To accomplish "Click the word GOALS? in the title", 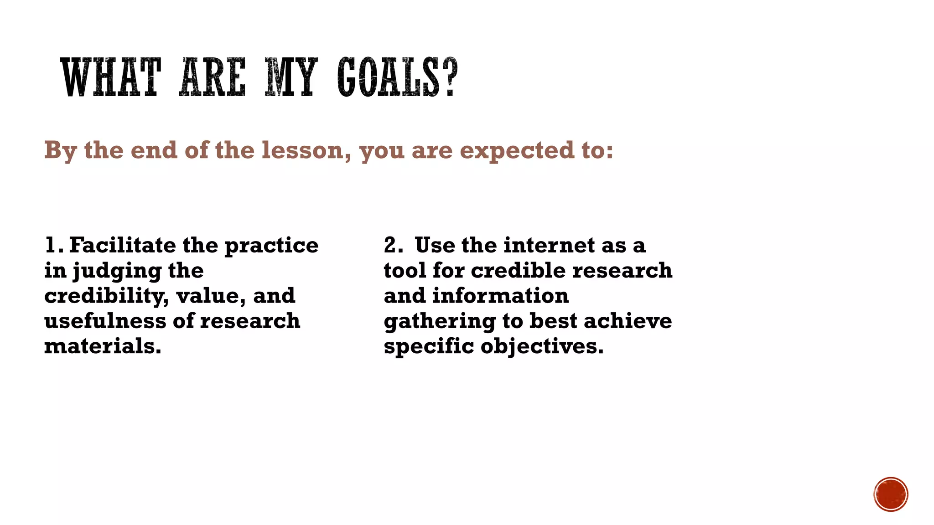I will click(397, 77).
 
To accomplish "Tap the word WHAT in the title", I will click(111, 77).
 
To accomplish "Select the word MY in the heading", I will click(291, 77).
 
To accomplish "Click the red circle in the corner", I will click(891, 494).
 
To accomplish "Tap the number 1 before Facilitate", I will click(50, 245).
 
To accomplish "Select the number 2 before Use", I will click(391, 245).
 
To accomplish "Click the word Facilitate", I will click(123, 245).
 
